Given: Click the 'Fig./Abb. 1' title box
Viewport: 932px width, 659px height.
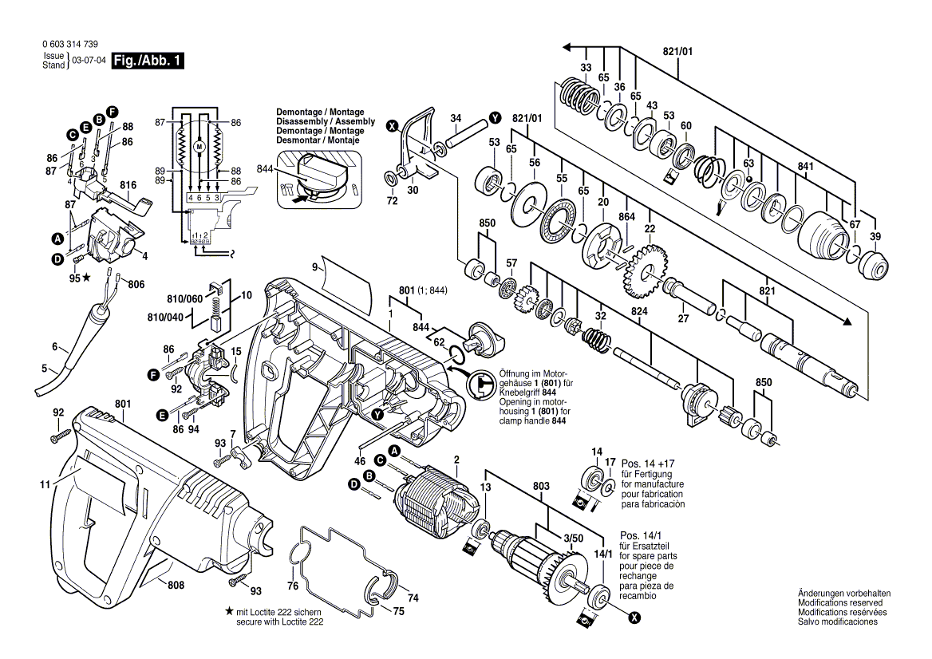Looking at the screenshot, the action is (148, 61).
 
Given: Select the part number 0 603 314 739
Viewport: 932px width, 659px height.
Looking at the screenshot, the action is (70, 44).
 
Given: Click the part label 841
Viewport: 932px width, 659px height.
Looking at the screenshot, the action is (805, 167).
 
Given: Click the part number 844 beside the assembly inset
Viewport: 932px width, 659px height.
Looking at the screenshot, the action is (264, 169).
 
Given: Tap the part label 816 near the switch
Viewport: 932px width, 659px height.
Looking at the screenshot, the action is (128, 185).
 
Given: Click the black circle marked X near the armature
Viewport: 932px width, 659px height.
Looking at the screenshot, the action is (635, 619).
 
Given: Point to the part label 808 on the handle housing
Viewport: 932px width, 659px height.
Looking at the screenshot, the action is (176, 586).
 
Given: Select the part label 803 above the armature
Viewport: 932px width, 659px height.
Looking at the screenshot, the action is (541, 486).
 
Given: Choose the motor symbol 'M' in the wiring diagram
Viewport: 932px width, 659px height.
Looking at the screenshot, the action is (199, 146).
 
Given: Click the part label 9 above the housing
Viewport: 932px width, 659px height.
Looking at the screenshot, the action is (315, 267).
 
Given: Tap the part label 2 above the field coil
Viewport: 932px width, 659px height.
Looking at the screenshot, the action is (456, 460).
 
